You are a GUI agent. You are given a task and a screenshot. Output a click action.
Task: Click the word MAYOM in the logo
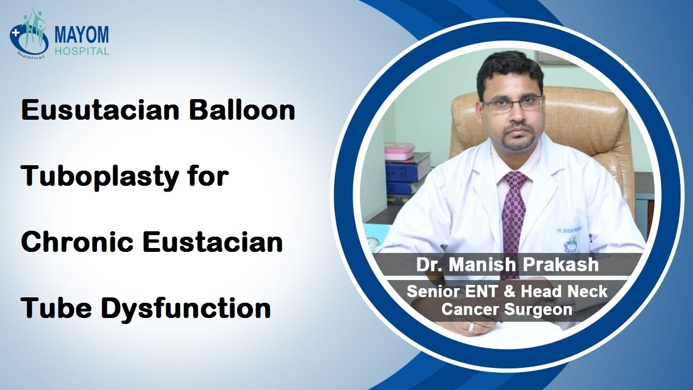pyautogui.click(x=81, y=35)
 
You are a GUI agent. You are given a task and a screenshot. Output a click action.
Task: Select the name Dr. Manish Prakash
pyautogui.click(x=507, y=264)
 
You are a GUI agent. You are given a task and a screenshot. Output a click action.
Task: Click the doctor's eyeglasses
pyautogui.click(x=512, y=102)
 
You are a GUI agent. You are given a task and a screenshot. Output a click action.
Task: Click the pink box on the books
pyautogui.click(x=399, y=151)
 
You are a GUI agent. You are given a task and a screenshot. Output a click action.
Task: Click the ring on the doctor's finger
pyautogui.click(x=471, y=327)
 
